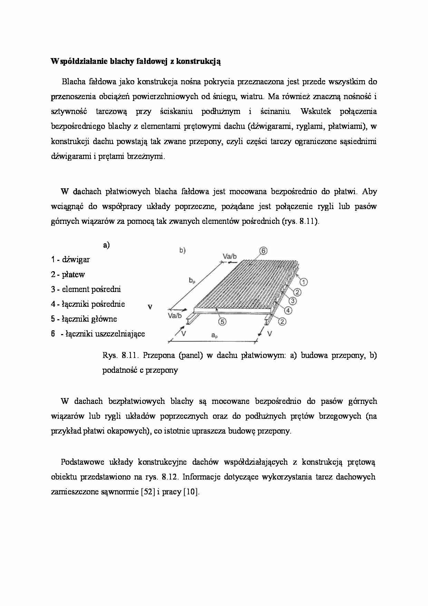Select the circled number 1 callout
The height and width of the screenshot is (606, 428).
(x=303, y=282)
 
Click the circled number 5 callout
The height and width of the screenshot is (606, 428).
(x=222, y=321)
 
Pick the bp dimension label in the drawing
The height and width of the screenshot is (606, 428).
(x=192, y=281)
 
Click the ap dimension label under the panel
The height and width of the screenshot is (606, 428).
(x=214, y=335)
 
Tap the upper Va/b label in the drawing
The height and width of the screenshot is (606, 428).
(x=230, y=256)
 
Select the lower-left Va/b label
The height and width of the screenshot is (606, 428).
(x=175, y=315)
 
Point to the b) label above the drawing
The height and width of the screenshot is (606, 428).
(x=182, y=251)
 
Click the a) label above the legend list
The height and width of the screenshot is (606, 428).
(x=106, y=245)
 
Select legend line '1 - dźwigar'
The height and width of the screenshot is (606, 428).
(x=70, y=260)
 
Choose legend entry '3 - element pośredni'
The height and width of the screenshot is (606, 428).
(x=86, y=290)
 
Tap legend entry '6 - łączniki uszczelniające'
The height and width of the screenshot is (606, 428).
(x=98, y=334)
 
